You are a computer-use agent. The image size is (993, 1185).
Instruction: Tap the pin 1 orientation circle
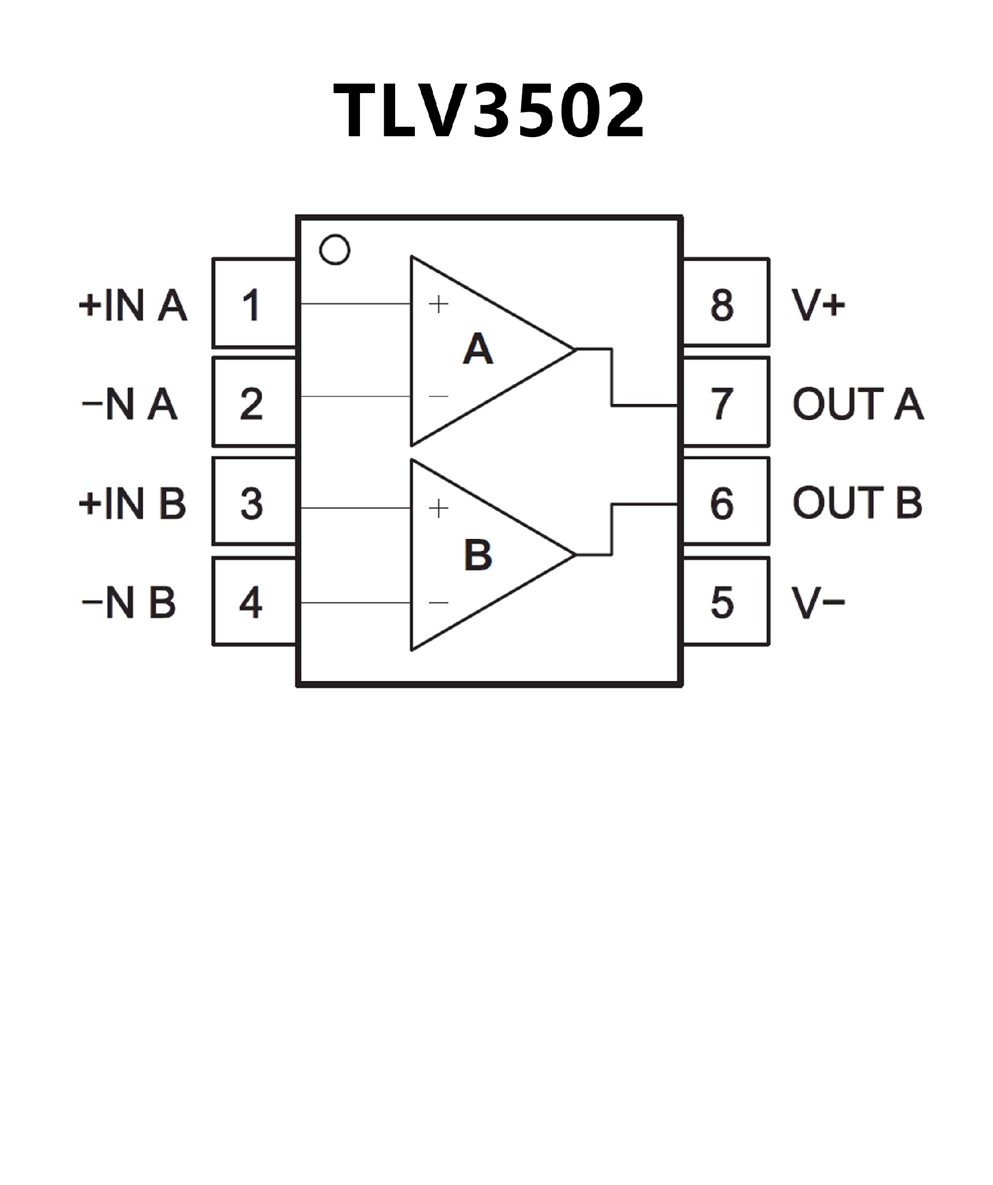(335, 249)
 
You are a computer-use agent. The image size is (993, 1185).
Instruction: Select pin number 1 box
(254, 304)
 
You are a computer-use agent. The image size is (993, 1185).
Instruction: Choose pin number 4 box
(254, 602)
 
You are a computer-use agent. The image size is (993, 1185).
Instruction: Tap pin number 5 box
(726, 602)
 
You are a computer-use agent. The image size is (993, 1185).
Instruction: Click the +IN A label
(133, 305)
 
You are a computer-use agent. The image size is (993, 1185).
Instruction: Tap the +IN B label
(132, 503)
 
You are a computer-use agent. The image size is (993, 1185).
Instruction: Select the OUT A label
(857, 403)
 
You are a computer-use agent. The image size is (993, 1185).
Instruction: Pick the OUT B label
(857, 502)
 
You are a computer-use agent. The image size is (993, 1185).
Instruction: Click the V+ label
(818, 305)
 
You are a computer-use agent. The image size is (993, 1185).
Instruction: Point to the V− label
(818, 602)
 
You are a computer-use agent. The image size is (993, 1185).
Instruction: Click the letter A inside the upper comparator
(478, 349)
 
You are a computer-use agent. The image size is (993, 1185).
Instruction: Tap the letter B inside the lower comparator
(478, 554)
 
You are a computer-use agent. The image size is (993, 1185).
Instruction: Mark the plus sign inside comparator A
(439, 304)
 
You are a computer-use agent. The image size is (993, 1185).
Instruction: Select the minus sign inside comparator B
(439, 603)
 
